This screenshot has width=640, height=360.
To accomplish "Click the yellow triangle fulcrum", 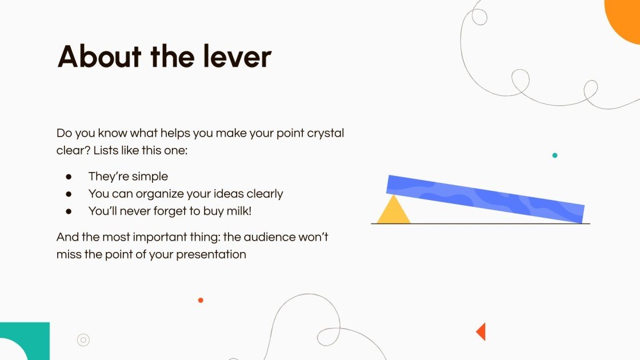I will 393,210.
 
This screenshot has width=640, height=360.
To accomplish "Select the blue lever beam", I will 486,198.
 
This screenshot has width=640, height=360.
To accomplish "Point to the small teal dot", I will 554,155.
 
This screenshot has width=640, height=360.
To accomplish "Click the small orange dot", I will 201,300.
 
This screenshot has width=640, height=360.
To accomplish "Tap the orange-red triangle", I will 481,331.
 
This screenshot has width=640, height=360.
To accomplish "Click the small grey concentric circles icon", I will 83,340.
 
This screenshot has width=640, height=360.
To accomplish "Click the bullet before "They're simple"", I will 69,177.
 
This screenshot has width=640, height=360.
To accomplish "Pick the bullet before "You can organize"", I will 69,194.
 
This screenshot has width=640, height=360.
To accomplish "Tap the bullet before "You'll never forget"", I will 69,211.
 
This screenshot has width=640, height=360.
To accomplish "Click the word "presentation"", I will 211,254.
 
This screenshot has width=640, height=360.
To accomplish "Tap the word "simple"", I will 150,177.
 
